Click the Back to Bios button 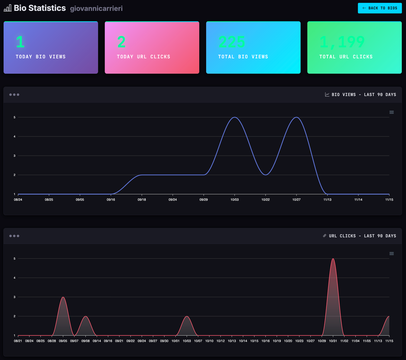380,8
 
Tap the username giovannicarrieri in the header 96,9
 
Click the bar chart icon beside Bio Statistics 8,8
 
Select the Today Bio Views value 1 20,42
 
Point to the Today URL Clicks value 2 121,42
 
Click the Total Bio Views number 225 231,42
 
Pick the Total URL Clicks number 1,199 342,42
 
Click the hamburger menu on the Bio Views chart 392,112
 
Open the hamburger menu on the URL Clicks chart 392,254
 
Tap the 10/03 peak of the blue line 235,117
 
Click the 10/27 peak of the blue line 297,117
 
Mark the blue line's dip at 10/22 265,175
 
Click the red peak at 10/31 333,259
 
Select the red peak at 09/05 63,297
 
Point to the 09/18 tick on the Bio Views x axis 142,200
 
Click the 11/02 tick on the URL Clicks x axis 344,341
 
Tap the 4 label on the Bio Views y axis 14,137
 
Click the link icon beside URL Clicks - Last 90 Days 325,236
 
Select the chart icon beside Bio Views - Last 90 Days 327,95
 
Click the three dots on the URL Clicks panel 14,236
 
